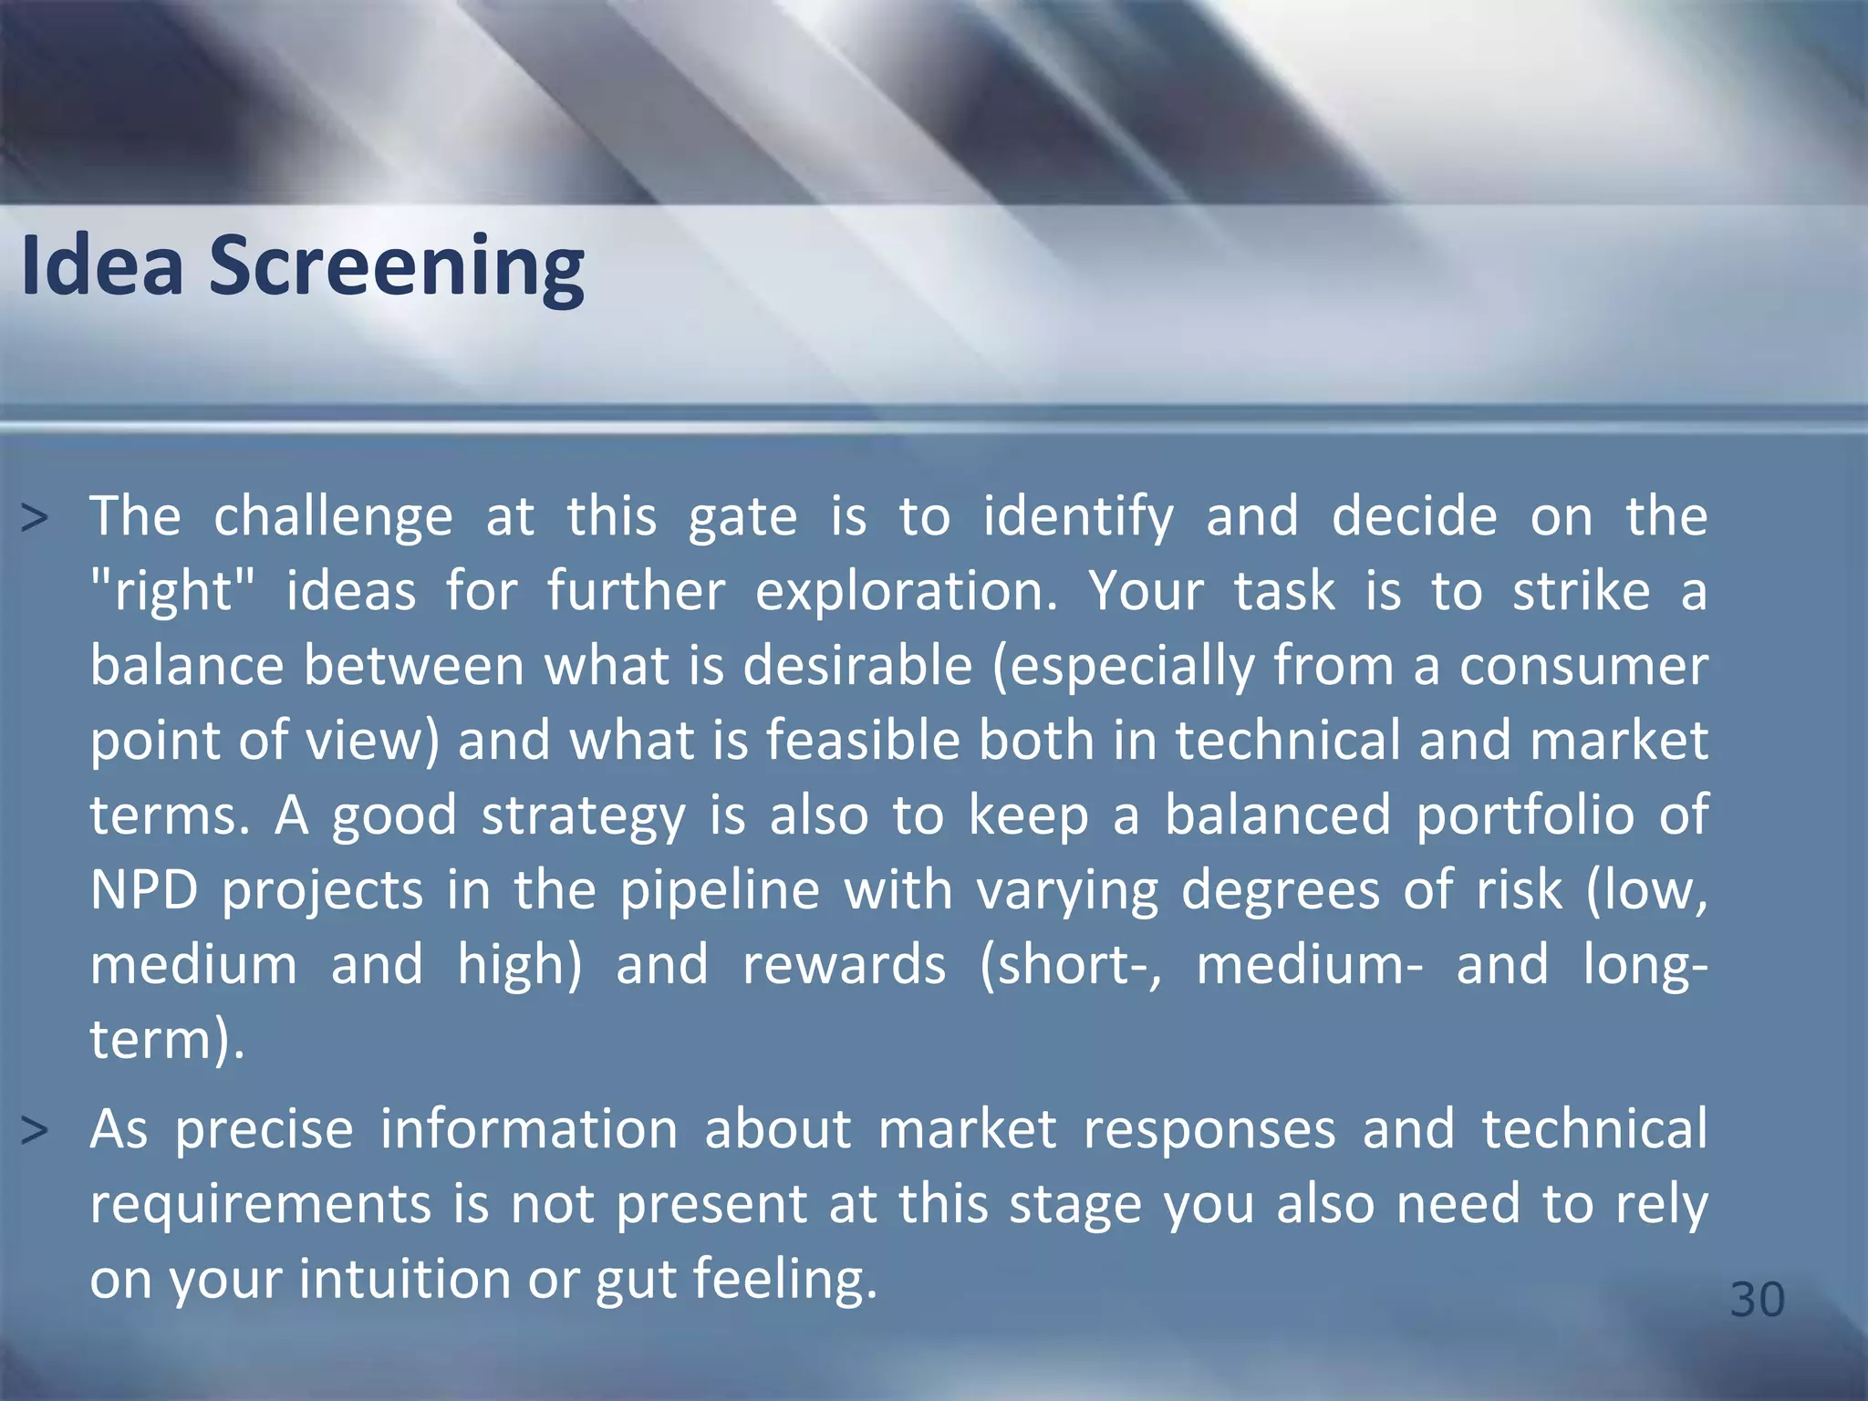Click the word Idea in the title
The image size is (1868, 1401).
click(102, 266)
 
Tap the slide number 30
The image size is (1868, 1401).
click(1757, 1299)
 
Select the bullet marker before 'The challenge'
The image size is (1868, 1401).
click(35, 519)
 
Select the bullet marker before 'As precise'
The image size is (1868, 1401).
click(35, 1131)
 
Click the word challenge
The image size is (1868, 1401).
click(333, 517)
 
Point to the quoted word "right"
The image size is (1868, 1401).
click(173, 592)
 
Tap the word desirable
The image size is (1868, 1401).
click(857, 666)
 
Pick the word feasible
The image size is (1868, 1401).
click(863, 740)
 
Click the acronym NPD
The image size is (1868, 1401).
click(144, 890)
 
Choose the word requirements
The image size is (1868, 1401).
click(260, 1205)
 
